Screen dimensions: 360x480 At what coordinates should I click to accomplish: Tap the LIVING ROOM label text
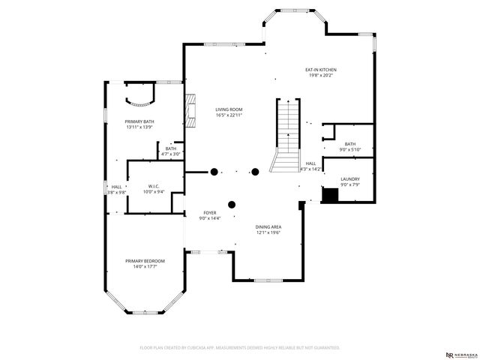click(229, 109)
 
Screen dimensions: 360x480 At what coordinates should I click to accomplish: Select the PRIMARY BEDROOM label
click(145, 260)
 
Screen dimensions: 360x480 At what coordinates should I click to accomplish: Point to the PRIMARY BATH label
click(139, 121)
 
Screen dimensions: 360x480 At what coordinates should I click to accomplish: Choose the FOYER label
click(210, 213)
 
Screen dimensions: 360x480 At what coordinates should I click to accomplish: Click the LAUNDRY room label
click(349, 179)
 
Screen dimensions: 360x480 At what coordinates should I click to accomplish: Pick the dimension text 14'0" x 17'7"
click(145, 266)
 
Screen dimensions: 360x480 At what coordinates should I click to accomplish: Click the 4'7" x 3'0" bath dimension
click(171, 154)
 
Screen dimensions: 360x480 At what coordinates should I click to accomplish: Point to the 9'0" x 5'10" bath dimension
click(349, 150)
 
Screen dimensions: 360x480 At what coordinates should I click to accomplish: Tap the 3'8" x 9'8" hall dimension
click(116, 193)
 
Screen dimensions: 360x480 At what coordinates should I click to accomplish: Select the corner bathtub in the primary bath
click(140, 94)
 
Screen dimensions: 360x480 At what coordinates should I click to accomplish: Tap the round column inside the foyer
click(232, 203)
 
